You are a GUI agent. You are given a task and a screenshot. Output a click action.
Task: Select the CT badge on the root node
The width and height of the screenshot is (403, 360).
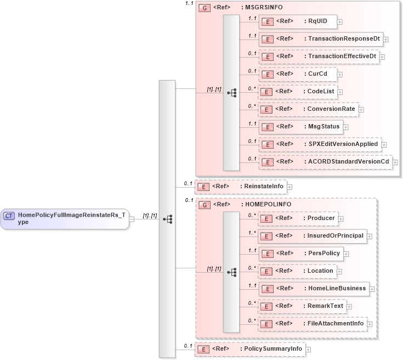[9, 216]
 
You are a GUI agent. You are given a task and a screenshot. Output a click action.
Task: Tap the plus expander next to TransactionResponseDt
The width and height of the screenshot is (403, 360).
[386, 40]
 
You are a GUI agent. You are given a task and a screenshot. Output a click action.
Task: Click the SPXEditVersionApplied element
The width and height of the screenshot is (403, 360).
[320, 144]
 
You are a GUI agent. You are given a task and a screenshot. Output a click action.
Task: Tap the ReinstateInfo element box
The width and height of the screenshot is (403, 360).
[241, 187]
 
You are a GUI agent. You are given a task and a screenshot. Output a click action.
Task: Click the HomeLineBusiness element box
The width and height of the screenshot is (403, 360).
[313, 288]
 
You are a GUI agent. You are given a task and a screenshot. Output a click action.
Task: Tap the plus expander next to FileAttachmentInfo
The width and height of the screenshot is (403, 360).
[370, 324]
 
